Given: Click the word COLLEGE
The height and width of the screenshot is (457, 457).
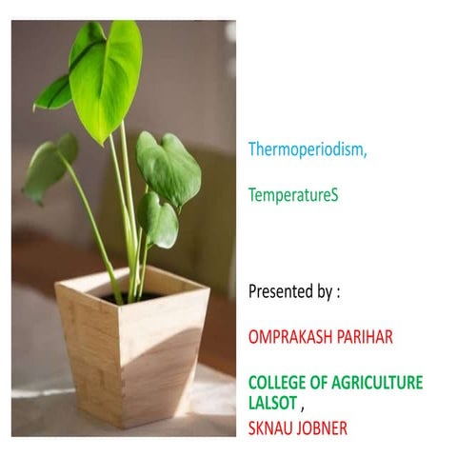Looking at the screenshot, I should click(279, 383).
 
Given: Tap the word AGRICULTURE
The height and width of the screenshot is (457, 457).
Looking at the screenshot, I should click(377, 383).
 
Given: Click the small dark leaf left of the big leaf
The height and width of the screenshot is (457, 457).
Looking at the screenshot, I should click(55, 93).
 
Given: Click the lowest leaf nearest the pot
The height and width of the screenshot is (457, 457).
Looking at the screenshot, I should click(158, 220).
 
